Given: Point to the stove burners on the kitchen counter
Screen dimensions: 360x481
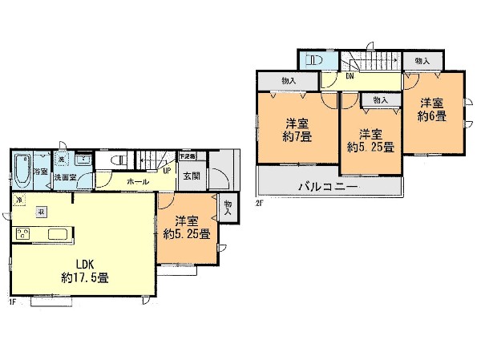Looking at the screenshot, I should pos(23,234).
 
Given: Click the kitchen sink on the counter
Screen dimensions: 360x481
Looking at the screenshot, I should pos(60,234).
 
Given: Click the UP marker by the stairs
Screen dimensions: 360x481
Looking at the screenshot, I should pos(168,170).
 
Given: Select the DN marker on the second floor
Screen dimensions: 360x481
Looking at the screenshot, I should pos(350,77).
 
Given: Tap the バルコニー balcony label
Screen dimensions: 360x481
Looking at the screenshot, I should pos(328,187).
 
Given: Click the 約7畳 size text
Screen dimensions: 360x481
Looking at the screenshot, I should pos(297,137).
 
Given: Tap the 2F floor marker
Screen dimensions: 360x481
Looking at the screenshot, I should pos(259,204).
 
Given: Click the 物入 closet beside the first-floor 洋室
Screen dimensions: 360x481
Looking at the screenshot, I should pos(228,208).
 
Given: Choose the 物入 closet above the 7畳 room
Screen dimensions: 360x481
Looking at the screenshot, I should pos(289,81).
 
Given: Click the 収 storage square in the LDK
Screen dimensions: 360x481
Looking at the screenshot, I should pos(40,213).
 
